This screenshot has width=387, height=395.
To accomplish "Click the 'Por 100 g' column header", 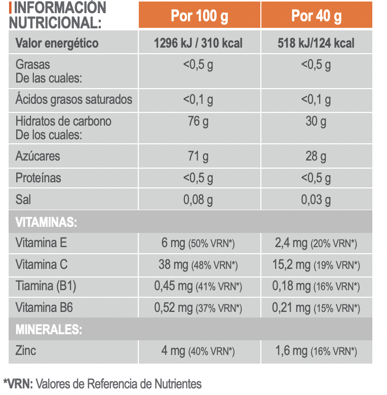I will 199,16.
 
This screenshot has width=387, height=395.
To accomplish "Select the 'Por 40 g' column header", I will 316,16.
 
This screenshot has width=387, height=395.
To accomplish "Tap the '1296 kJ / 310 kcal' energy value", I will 198,43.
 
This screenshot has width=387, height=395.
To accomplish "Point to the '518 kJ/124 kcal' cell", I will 316,43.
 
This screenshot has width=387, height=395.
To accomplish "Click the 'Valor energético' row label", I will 57,43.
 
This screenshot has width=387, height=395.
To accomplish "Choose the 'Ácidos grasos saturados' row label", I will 73,99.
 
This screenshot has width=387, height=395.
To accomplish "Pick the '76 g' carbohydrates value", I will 198,122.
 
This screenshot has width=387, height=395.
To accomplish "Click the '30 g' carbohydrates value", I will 316,122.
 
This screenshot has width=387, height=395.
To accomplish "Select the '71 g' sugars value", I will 198,156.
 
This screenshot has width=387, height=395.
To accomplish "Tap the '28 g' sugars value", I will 316,156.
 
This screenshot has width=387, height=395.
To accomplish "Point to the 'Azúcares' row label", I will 37,156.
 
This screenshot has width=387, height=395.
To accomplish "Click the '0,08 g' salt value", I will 198,200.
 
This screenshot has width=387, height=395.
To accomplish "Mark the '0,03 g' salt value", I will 316,200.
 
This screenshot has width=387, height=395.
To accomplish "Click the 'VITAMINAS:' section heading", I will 46,222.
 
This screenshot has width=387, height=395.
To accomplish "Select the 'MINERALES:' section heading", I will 49,330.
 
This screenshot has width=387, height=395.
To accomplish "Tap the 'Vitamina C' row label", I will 42,264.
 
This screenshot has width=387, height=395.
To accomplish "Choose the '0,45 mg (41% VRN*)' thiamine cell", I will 198,286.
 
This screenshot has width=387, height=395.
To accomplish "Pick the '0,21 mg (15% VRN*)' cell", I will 316,307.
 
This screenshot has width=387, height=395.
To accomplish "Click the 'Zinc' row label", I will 26,350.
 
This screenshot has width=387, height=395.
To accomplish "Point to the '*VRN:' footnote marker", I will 18,384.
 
